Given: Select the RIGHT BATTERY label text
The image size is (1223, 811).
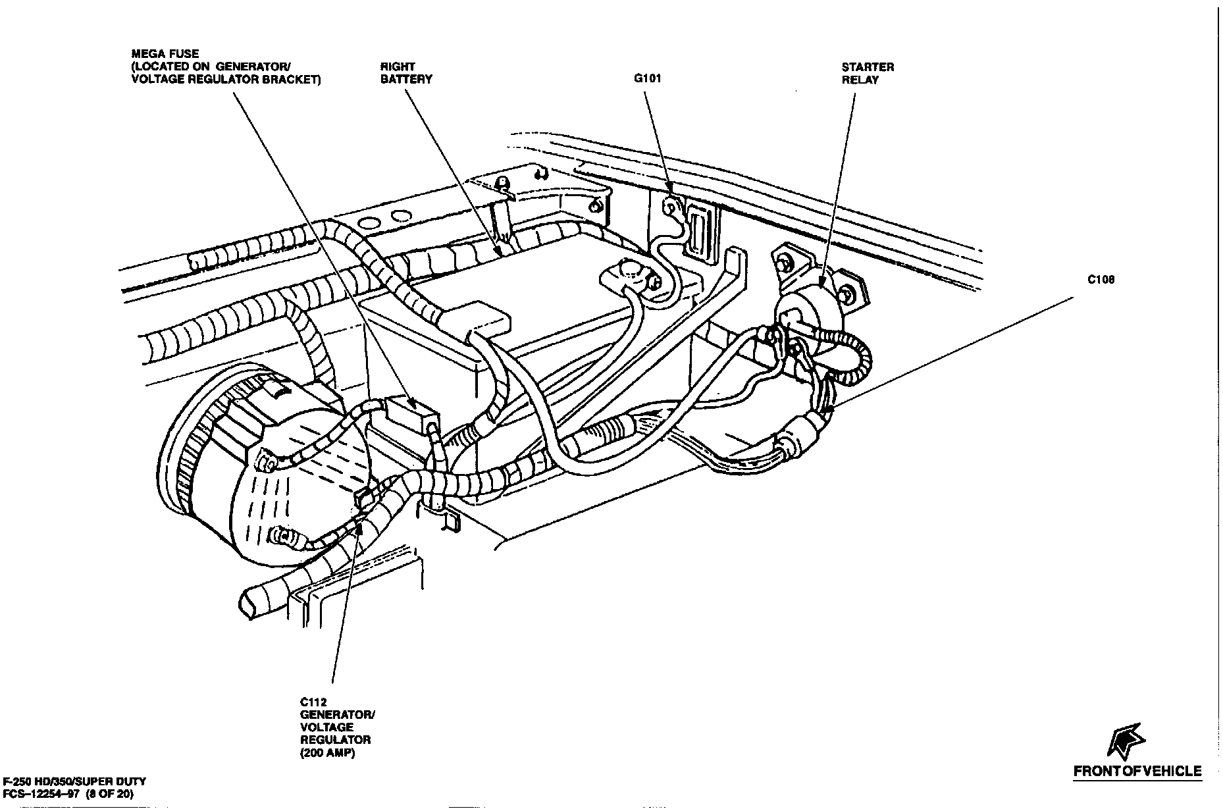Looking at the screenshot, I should point(406,72).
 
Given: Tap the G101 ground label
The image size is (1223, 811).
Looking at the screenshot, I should point(647,78).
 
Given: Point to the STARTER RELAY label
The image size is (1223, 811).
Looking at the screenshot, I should point(868,73).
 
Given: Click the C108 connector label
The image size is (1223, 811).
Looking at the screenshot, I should point(1101,280).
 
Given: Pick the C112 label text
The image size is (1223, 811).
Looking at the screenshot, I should point(313,702).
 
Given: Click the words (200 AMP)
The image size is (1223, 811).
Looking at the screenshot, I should point(327,753).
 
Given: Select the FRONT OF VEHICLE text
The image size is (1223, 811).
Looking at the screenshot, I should point(1137,771).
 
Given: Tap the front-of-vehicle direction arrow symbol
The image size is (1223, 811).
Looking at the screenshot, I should point(1126,739).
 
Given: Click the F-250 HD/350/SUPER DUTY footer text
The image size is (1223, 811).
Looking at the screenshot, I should point(73,781).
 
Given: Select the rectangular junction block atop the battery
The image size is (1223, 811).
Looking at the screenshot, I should point(479,320).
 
